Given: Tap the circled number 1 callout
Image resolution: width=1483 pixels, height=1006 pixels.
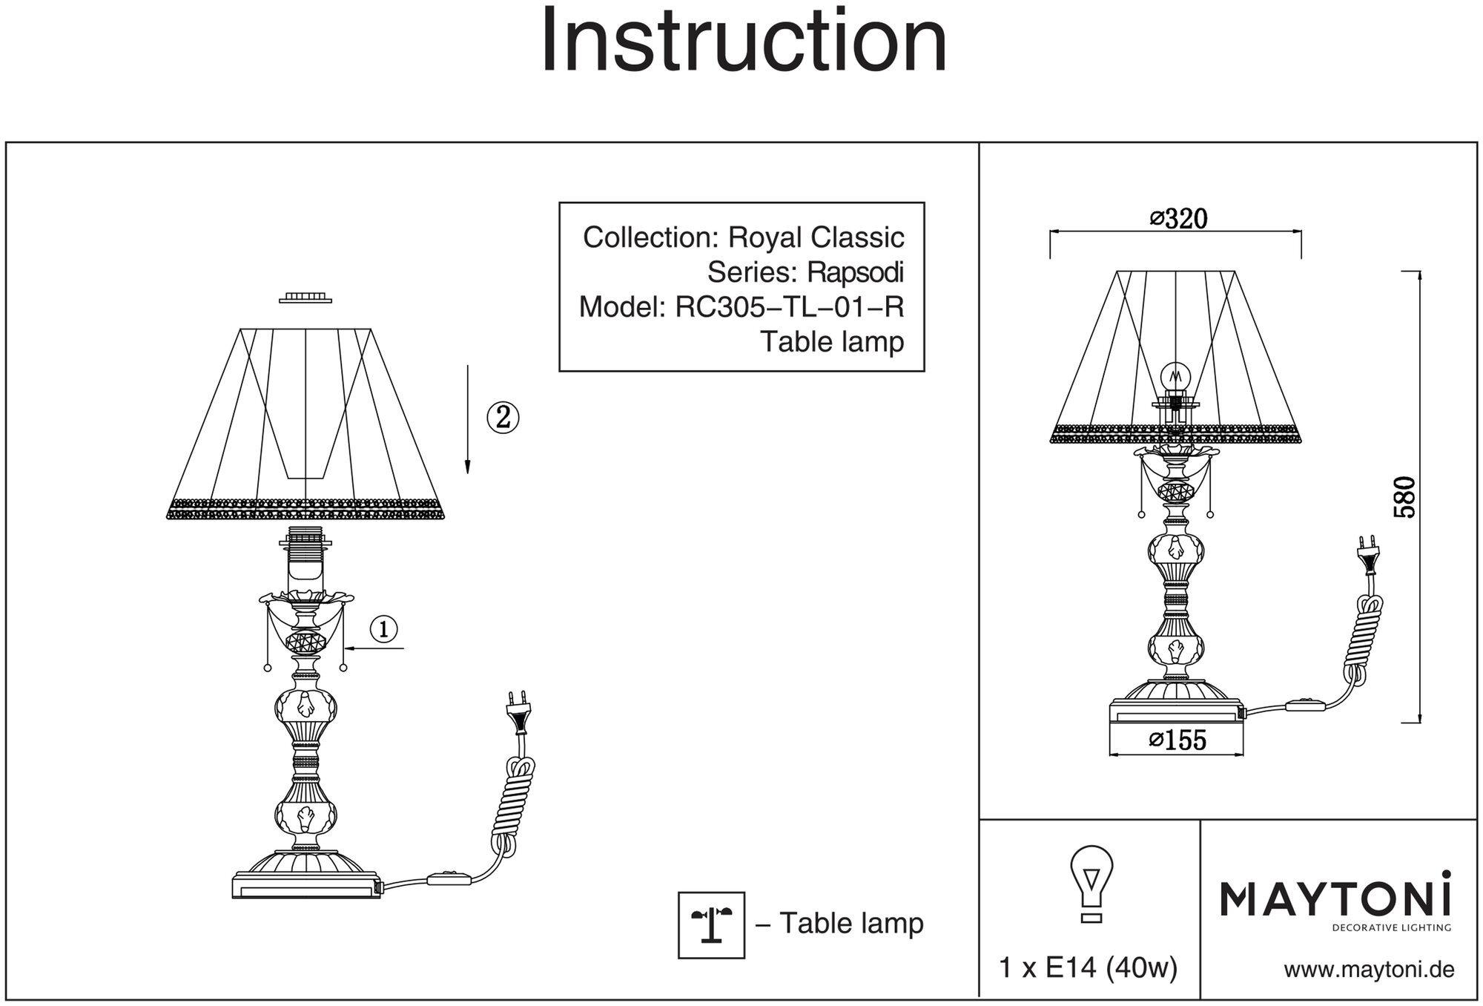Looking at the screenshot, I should click(x=383, y=630).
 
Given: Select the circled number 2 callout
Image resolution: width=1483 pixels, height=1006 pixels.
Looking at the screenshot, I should click(x=503, y=418).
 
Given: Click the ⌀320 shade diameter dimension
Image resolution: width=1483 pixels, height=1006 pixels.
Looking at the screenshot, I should click(x=1178, y=219).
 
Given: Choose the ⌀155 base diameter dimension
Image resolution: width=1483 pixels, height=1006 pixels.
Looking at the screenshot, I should click(x=1178, y=740).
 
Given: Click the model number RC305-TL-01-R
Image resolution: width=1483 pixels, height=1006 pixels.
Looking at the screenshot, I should click(x=789, y=307).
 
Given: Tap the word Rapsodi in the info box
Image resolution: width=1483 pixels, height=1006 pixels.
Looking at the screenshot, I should click(x=854, y=273).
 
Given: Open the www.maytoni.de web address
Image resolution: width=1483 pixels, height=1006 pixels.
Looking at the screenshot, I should click(x=1369, y=970).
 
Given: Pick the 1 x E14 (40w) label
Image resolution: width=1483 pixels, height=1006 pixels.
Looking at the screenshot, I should click(x=1089, y=968).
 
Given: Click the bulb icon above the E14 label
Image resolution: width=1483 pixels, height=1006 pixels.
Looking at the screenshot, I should click(x=1091, y=883).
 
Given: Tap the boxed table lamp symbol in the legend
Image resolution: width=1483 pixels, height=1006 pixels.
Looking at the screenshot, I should click(x=711, y=924).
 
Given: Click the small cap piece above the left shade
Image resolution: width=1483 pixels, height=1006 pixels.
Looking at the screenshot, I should click(x=305, y=297).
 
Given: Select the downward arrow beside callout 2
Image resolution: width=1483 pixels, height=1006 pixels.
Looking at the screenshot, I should click(x=467, y=419).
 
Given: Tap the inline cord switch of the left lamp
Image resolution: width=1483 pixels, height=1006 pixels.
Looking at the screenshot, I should click(x=449, y=879).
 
